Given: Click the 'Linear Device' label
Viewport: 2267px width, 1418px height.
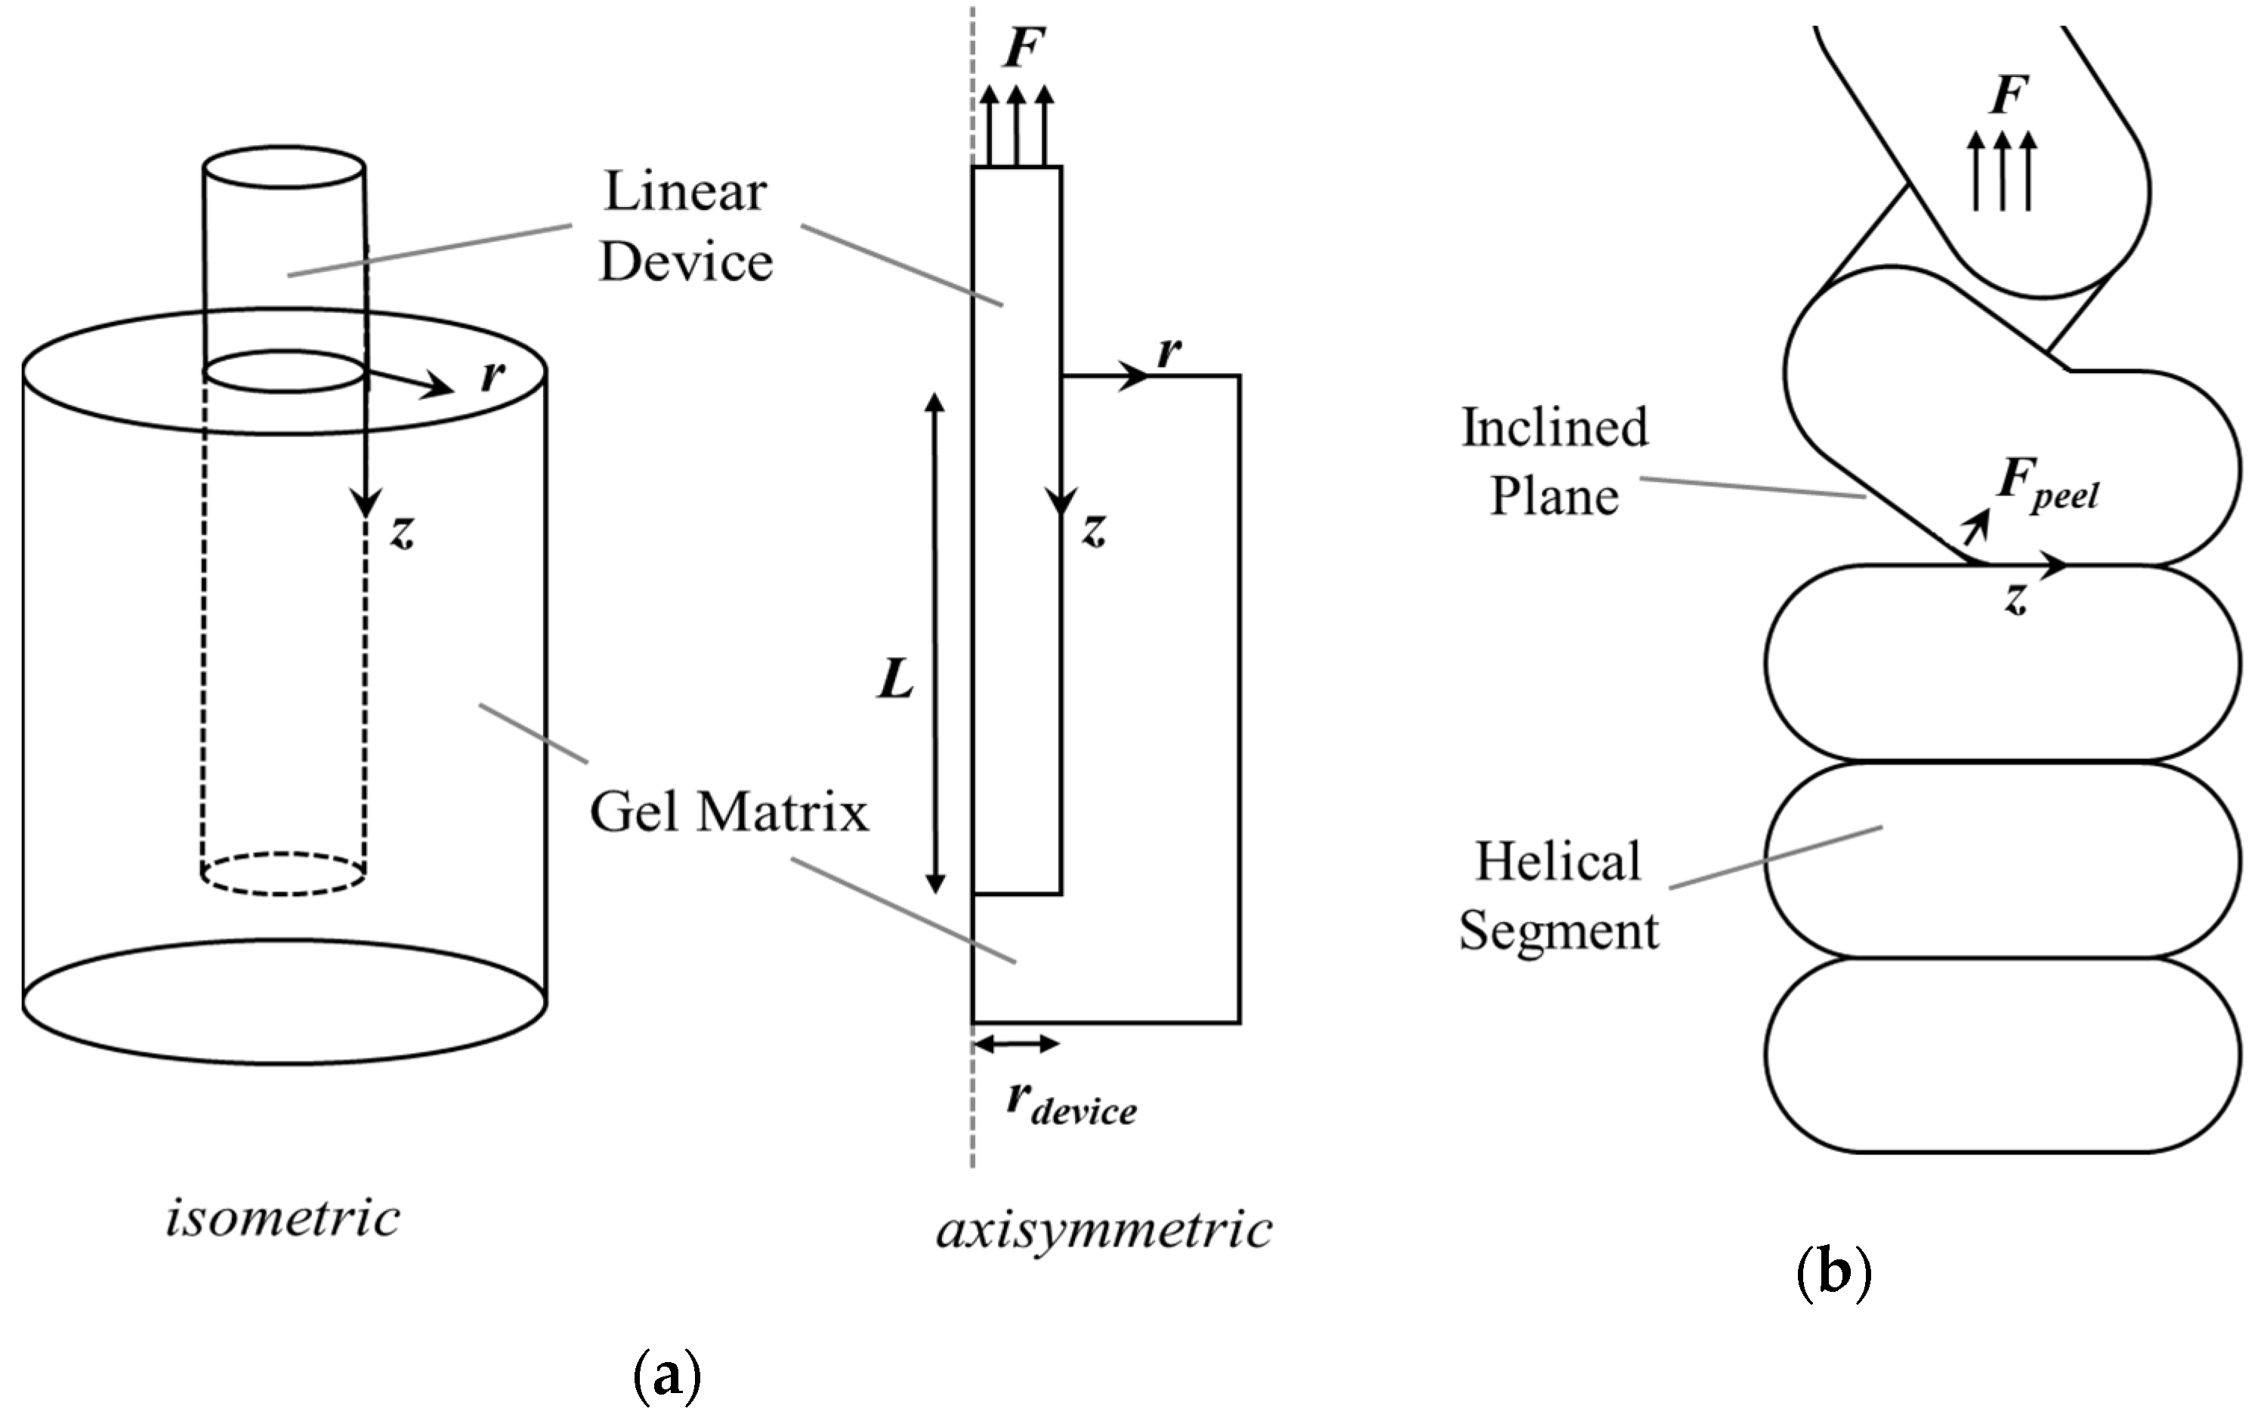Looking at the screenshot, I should pyautogui.click(x=685, y=226).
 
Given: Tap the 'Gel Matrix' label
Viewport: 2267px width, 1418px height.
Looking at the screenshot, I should pyautogui.click(x=728, y=812).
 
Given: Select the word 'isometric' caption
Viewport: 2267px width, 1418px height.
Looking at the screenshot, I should pyautogui.click(x=283, y=1219).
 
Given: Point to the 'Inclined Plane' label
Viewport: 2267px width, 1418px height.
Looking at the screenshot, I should pyautogui.click(x=1555, y=462).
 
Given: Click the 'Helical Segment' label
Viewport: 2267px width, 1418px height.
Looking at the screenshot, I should pyautogui.click(x=1558, y=896).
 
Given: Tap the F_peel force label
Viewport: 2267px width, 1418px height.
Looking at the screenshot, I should pyautogui.click(x=2046, y=482).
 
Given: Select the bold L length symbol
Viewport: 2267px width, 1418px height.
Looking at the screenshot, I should pyautogui.click(x=895, y=679).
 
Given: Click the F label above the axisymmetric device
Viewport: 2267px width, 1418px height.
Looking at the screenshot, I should pyautogui.click(x=1023, y=49).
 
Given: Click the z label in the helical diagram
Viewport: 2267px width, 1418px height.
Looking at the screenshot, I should pyautogui.click(x=2015, y=598).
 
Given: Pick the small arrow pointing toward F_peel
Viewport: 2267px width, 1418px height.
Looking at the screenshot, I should pyautogui.click(x=1975, y=527).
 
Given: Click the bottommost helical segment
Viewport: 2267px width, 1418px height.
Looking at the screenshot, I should pyautogui.click(x=2002, y=1055).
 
